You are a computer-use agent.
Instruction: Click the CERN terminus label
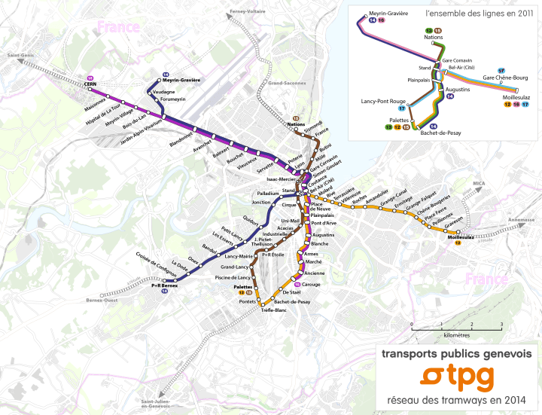click(x=91, y=84)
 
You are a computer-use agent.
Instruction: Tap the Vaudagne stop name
click(x=163, y=91)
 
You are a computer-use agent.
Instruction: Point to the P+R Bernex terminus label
click(x=163, y=285)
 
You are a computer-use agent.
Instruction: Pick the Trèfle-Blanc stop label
click(x=274, y=310)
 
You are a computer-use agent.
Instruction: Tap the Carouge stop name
click(x=312, y=285)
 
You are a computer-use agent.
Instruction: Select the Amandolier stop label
click(x=376, y=202)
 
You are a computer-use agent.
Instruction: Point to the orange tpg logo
click(x=456, y=375)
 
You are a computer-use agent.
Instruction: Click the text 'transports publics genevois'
click(x=456, y=353)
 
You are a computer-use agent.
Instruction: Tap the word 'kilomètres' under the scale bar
click(x=456, y=334)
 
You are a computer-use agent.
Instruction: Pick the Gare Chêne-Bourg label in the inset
click(x=505, y=78)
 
